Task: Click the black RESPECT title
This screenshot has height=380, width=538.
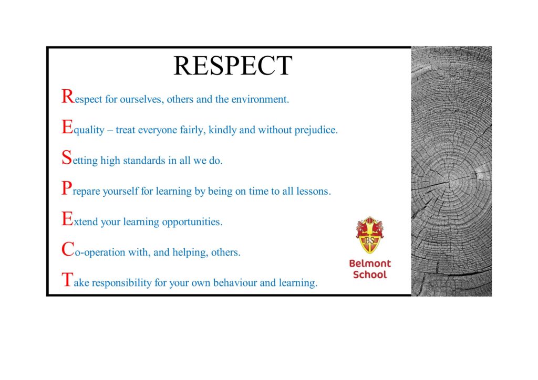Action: pos(233,66)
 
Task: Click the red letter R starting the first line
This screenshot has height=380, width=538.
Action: pos(68,96)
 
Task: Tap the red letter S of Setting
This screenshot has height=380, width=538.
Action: pos(67,157)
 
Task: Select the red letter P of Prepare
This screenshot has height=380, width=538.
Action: pos(67,188)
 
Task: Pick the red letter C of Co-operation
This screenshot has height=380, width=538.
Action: pos(68,249)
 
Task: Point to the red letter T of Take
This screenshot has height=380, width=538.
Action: pos(68,279)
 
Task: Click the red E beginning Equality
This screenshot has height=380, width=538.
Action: pos(68,127)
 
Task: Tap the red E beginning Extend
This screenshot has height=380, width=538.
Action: pos(68,219)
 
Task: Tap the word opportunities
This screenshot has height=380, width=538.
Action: pos(192,222)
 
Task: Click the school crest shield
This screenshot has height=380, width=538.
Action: pos(369,235)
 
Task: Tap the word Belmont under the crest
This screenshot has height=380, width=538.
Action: pos(370,263)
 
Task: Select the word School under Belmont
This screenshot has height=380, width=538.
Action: pos(370,275)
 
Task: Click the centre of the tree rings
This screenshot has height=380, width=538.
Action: pos(450,180)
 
